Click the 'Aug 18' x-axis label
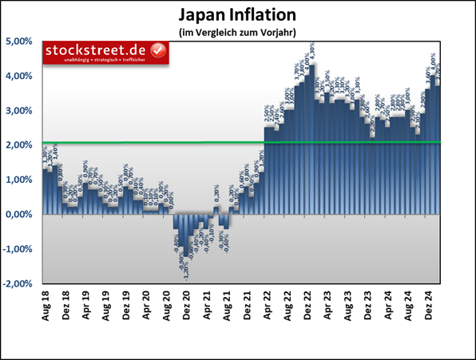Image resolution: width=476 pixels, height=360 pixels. pyautogui.click(x=46, y=305)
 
